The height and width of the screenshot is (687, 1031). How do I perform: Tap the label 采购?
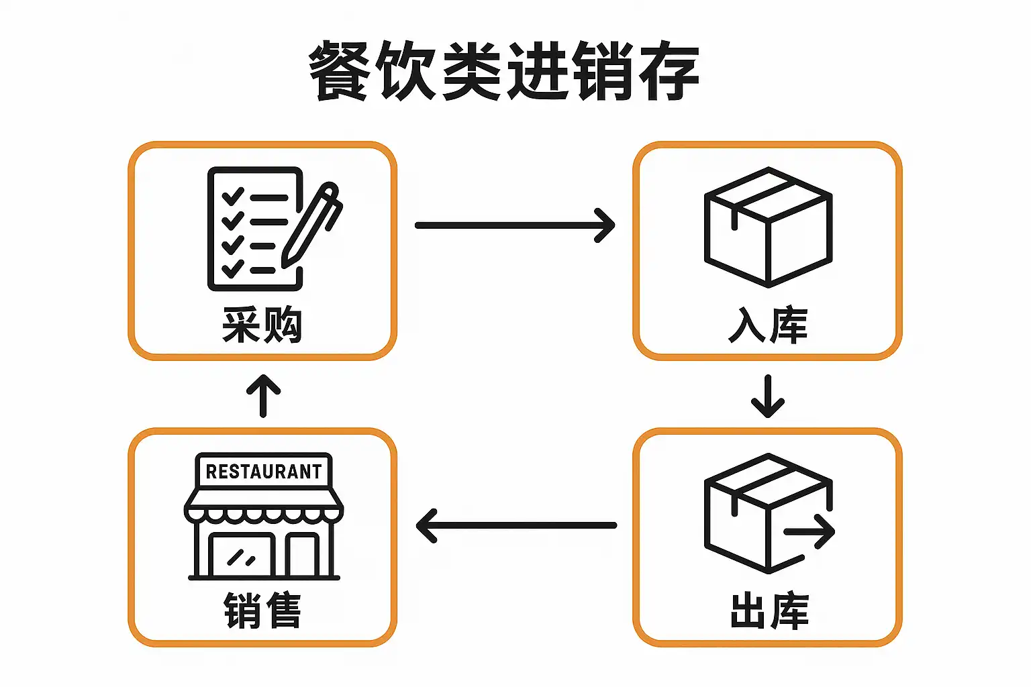(262, 325)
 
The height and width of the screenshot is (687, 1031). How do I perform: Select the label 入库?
(768, 325)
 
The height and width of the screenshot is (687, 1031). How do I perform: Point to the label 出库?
(769, 611)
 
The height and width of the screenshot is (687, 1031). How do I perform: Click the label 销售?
(262, 611)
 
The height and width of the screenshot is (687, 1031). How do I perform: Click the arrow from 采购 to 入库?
(515, 225)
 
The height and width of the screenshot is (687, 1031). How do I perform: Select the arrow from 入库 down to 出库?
(768, 396)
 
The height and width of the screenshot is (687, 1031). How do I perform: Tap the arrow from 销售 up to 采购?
(263, 396)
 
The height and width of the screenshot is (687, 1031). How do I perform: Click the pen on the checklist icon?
(311, 224)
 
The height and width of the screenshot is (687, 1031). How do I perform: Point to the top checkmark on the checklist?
(233, 197)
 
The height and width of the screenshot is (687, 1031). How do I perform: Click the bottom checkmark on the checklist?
(233, 269)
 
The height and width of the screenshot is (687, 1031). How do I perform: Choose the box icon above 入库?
(768, 227)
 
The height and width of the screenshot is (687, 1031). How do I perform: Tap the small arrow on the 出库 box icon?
(809, 532)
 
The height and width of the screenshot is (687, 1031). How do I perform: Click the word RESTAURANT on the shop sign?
(263, 472)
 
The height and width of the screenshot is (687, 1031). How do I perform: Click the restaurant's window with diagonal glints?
(240, 556)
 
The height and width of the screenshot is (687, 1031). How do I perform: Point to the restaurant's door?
(302, 556)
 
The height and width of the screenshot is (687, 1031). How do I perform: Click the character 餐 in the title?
(339, 71)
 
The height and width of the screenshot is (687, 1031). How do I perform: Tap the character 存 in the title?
(668, 71)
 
